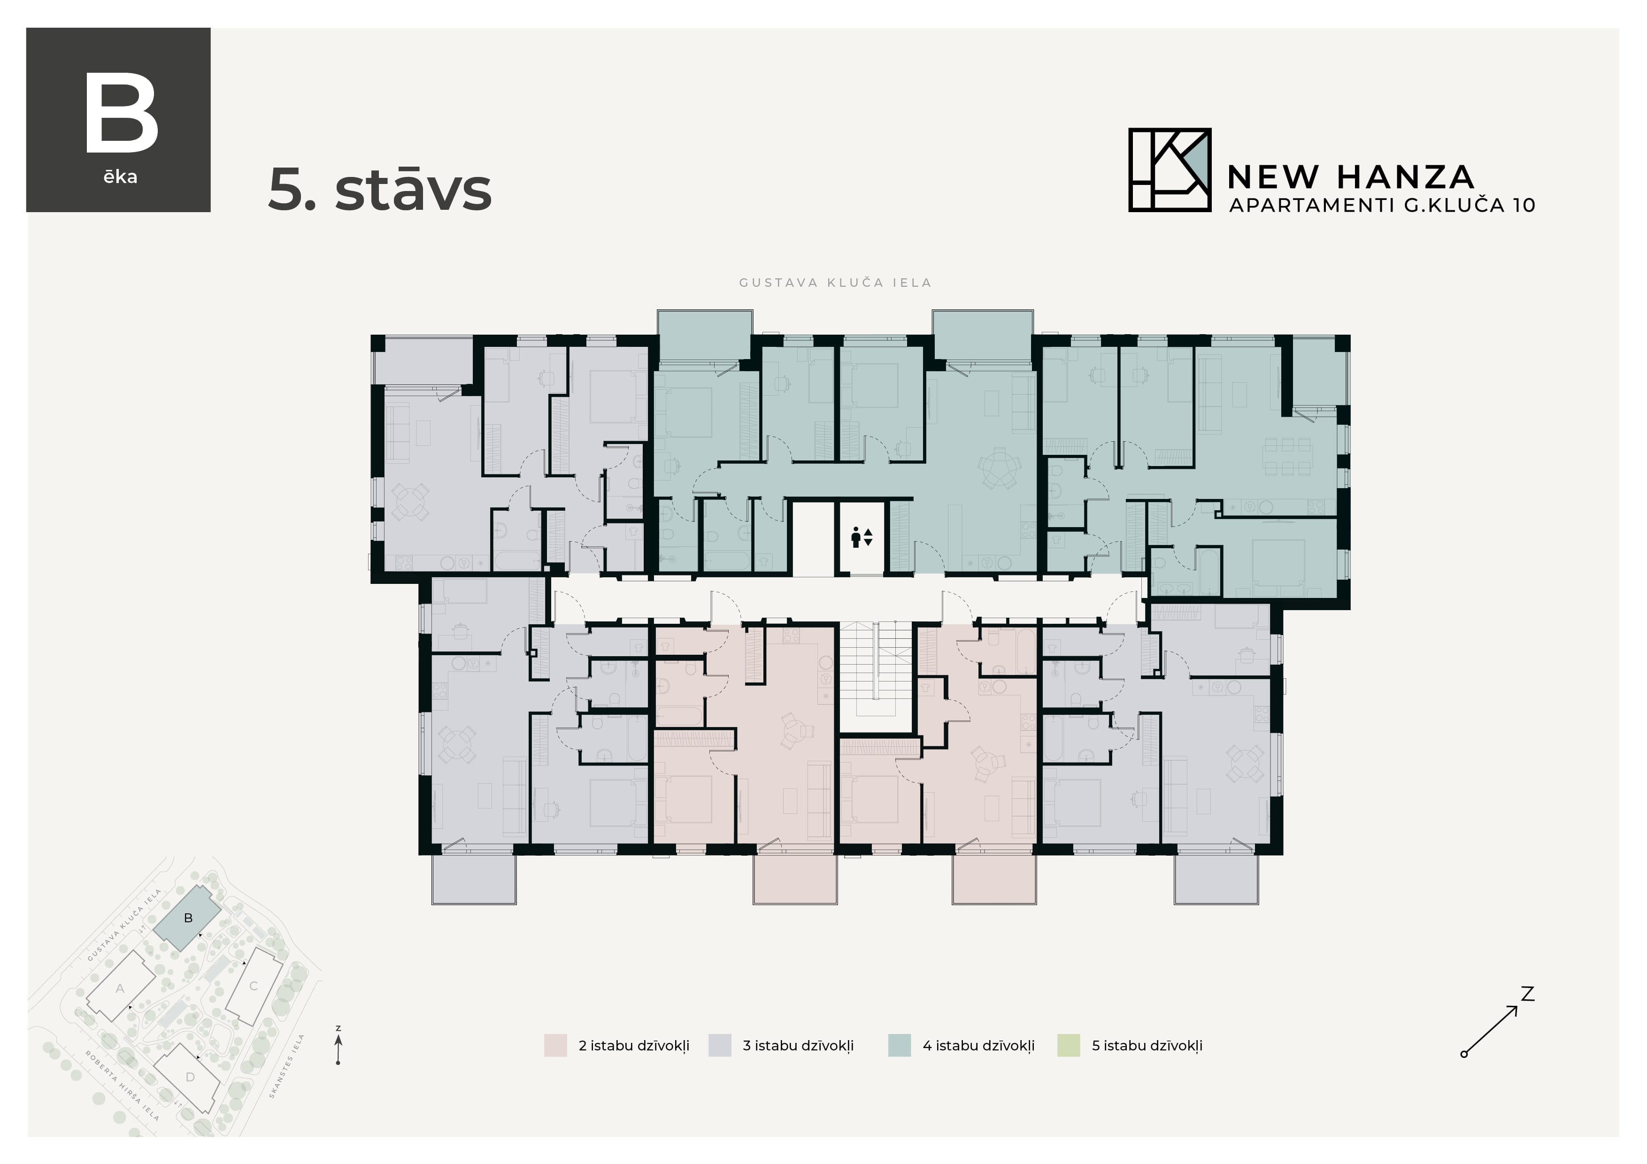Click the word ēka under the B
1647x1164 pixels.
tap(120, 177)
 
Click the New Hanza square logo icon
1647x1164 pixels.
tap(1169, 170)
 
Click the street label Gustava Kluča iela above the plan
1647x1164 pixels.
tap(835, 283)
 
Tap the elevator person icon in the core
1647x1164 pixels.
tap(856, 536)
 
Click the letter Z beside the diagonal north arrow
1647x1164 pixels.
tap(1527, 994)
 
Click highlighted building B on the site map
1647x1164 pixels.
tap(188, 918)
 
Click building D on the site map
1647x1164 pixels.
tap(190, 1077)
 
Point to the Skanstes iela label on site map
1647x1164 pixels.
tap(287, 1066)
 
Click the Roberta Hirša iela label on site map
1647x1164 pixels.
tap(122, 1086)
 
